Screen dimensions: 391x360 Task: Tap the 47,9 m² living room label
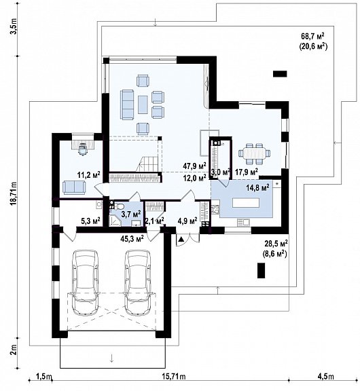click(x=194, y=165)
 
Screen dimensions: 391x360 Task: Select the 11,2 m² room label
click(x=88, y=174)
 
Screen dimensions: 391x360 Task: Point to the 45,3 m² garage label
click(x=130, y=238)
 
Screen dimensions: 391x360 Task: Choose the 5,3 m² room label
click(x=90, y=221)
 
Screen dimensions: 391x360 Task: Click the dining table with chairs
click(x=256, y=153)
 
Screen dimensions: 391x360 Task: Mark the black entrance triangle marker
click(x=181, y=239)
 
